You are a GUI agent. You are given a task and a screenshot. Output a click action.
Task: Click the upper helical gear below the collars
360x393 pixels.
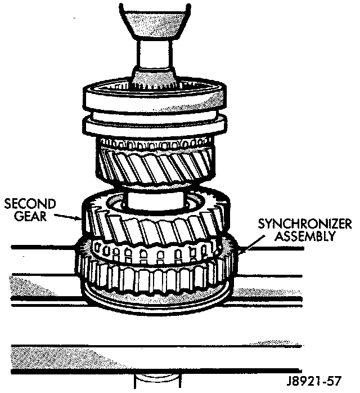tap(155, 163)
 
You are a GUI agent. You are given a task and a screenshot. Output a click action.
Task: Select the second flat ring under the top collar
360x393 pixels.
tap(155, 127)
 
